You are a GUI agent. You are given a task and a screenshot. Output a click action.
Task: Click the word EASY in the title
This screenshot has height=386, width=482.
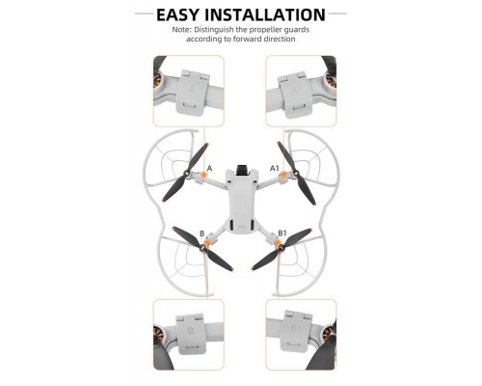tap(177, 14)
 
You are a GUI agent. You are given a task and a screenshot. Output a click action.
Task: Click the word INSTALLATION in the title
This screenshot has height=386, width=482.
tap(265, 14)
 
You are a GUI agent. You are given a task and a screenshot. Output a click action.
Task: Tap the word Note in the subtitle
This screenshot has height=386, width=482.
tap(181, 30)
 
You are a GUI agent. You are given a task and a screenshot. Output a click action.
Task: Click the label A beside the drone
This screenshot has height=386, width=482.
tap(210, 168)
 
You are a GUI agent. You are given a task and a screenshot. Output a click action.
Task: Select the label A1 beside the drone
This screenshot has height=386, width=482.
tap(274, 168)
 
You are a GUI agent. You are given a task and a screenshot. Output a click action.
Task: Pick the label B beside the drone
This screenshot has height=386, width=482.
tap(202, 234)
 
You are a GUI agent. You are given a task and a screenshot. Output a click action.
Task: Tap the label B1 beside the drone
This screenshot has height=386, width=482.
tap(282, 233)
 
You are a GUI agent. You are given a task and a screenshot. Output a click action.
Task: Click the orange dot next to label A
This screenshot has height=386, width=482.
tap(203, 175)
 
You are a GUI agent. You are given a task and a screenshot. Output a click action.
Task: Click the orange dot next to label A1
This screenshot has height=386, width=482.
tap(283, 175)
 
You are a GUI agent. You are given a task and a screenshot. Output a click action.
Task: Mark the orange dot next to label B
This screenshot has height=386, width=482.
tap(208, 241)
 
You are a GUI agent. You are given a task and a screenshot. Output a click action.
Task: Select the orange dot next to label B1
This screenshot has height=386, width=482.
tap(277, 241)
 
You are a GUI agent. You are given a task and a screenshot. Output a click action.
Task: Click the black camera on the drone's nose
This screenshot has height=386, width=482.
tap(242, 170)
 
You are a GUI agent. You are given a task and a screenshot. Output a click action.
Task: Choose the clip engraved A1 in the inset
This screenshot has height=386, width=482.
tap(296, 95)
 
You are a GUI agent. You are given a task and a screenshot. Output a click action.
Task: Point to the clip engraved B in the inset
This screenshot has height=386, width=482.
tap(192, 334)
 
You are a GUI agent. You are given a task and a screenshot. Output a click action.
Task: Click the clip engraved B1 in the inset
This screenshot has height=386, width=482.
tap(295, 331)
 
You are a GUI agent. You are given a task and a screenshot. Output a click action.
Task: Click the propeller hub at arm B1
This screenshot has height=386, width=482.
tap(281, 248)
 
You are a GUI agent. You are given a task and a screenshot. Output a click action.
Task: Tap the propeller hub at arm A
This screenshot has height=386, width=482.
tap(186, 174)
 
